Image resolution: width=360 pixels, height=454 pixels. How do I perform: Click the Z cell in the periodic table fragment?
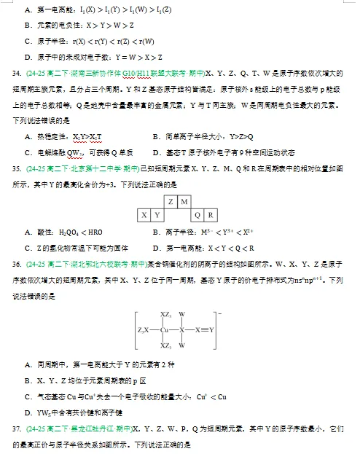171,201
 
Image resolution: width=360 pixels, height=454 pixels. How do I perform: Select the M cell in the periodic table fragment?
184,201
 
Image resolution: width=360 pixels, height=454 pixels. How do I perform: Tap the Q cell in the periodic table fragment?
197,215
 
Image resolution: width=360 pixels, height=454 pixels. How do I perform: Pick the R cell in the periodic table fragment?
211,215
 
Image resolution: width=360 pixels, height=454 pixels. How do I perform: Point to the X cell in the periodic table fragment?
144,215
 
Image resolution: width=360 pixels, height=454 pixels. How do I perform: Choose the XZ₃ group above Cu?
166,315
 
